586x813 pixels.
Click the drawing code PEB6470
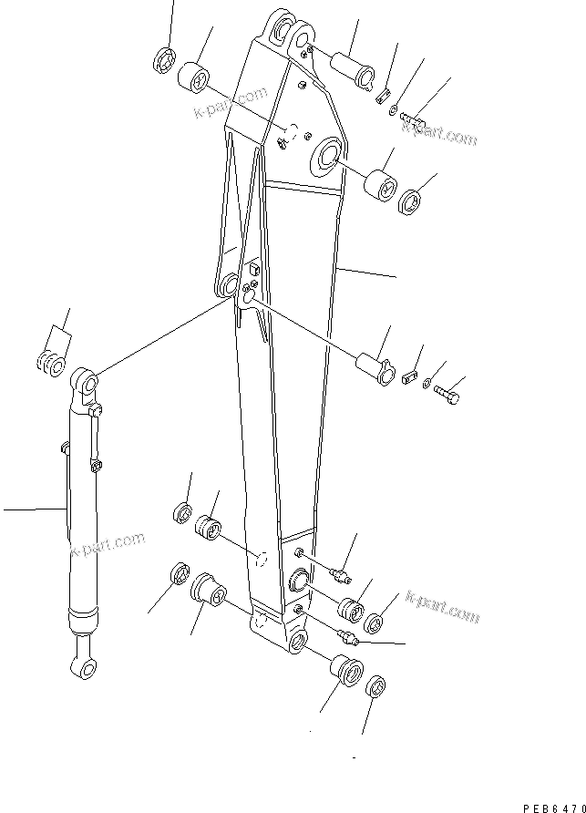tap(552, 806)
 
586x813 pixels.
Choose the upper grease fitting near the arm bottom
tap(342, 574)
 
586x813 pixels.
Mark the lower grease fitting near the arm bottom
tap(347, 635)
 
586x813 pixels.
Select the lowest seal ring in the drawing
tap(376, 686)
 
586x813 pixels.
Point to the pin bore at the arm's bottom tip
tap(298, 643)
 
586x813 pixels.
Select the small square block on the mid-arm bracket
tap(254, 270)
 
